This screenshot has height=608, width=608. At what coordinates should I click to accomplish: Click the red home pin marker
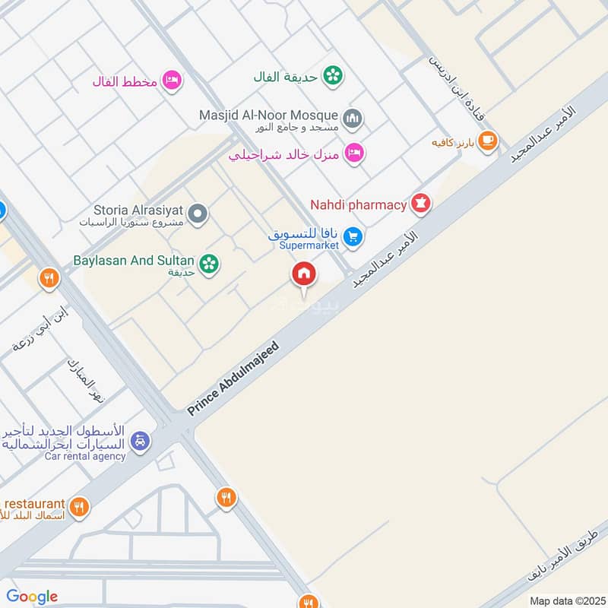(x=304, y=274)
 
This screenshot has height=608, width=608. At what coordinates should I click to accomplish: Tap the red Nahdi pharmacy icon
(x=420, y=204)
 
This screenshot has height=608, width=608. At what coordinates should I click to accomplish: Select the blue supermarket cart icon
(x=352, y=237)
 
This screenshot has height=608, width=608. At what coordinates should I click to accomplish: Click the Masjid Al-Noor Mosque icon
(x=352, y=118)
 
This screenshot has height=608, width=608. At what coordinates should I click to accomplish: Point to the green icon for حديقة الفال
(x=332, y=75)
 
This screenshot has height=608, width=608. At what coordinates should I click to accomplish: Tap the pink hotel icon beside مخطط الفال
(x=173, y=81)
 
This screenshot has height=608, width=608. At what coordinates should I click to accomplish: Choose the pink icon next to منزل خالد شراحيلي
(x=354, y=153)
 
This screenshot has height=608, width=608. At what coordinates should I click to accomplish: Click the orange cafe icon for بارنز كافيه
(x=488, y=141)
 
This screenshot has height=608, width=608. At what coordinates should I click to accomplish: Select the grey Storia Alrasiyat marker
(x=198, y=214)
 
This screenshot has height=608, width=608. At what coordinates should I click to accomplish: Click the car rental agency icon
(x=139, y=440)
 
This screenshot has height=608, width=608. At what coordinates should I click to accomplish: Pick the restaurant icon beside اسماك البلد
(x=78, y=505)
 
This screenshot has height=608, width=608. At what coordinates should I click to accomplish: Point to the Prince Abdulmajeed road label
(x=234, y=378)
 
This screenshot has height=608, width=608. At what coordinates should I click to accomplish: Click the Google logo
(x=32, y=596)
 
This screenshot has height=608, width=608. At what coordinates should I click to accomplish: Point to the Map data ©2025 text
(x=565, y=600)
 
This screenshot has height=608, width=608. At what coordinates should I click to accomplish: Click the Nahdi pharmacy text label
(x=359, y=204)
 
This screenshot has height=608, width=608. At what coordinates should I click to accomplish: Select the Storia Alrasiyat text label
(x=138, y=211)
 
